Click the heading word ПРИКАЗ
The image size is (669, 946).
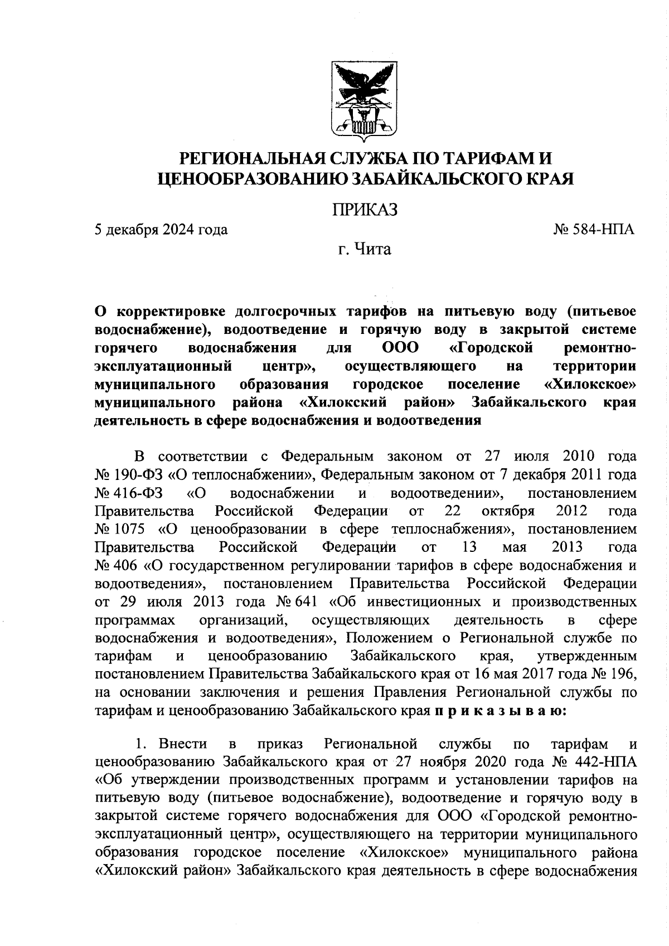[x=365, y=210]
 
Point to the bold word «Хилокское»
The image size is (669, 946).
[x=590, y=385]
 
